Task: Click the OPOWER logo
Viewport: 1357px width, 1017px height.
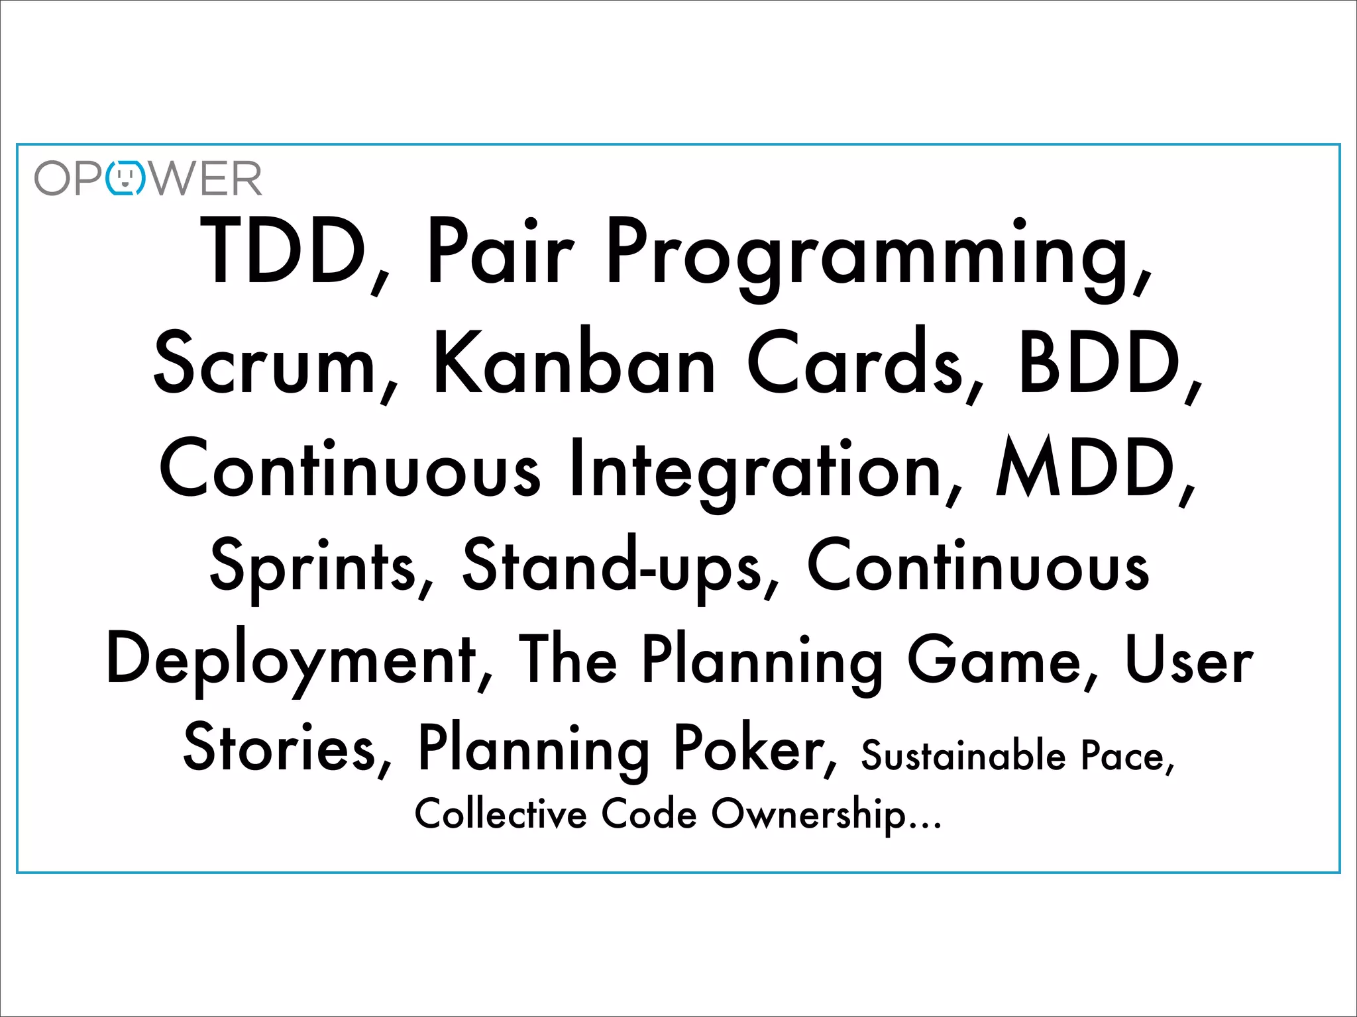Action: tap(148, 178)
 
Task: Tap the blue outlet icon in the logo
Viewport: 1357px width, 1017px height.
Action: tap(125, 178)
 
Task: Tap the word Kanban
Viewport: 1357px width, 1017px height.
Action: tap(574, 363)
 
